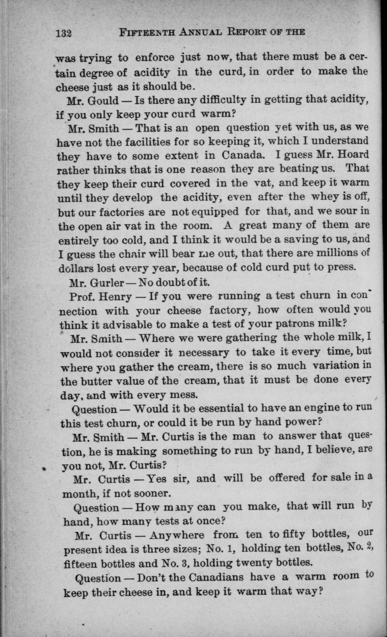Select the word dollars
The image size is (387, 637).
tap(77, 268)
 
